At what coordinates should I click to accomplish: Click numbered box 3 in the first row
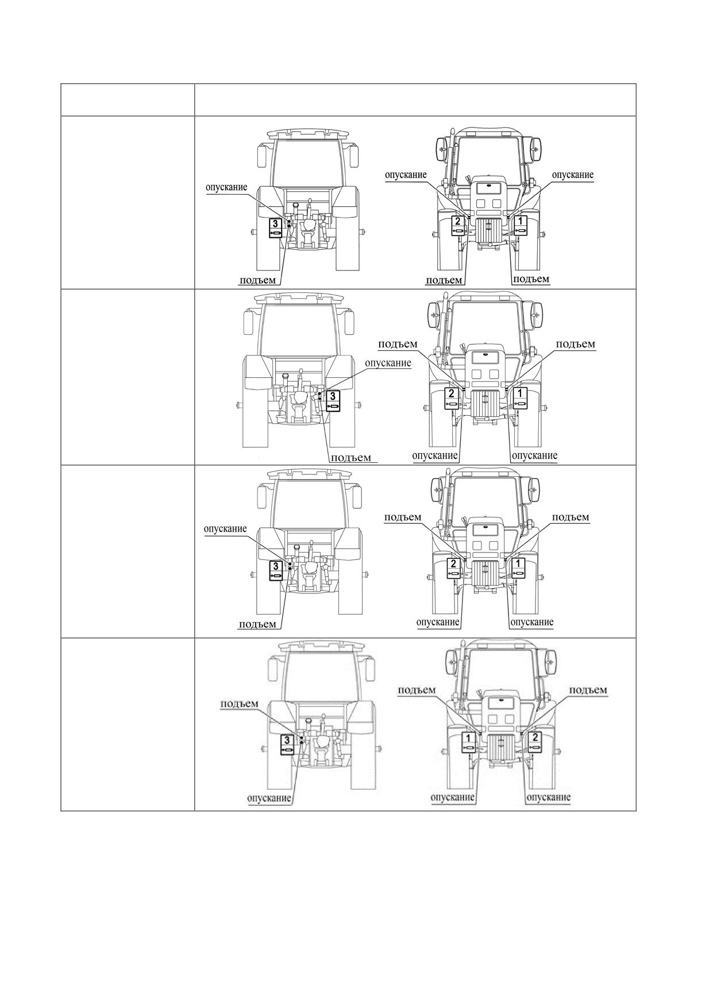[x=276, y=227]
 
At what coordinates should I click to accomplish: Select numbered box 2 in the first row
[x=458, y=225]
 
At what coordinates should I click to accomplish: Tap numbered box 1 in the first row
[x=521, y=225]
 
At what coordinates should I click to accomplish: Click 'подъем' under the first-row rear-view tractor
[x=257, y=280]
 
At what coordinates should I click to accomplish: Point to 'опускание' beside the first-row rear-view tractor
[x=226, y=187]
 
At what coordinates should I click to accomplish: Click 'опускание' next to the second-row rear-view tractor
[x=388, y=363]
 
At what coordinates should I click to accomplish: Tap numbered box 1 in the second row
[x=520, y=397]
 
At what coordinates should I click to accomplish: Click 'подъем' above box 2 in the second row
[x=398, y=344]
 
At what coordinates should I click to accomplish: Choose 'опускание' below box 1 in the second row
[x=534, y=455]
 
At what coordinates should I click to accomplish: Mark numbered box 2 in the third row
[x=453, y=568]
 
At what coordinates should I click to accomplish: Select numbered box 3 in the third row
[x=276, y=570]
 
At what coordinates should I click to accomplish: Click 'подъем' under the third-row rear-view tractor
[x=257, y=624]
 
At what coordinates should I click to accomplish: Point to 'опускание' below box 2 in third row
[x=438, y=622]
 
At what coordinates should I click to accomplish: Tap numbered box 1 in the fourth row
[x=469, y=741]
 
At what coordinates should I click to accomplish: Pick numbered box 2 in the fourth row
[x=535, y=741]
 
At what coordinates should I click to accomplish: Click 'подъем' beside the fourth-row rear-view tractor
[x=240, y=704]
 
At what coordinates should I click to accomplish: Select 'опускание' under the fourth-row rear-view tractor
[x=269, y=798]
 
